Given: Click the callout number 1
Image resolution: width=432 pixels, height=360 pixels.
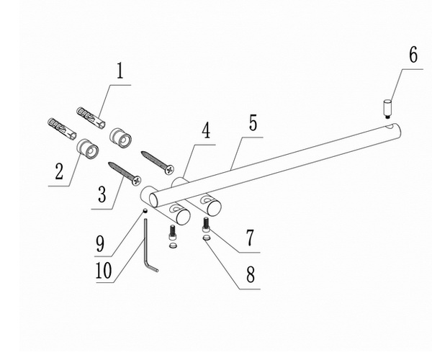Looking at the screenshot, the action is (120, 71).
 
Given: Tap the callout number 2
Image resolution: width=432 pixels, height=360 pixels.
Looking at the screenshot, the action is (59, 171).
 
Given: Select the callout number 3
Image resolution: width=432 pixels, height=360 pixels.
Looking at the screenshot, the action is (102, 194).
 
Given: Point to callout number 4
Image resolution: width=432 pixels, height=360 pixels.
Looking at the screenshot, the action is (206, 130).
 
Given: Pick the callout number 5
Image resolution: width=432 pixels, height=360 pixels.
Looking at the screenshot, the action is (253, 123).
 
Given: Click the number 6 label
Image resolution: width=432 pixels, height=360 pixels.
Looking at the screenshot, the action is (413, 55).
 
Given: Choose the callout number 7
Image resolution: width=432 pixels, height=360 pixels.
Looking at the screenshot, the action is (250, 238).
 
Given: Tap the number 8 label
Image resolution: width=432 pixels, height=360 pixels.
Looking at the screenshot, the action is (251, 274).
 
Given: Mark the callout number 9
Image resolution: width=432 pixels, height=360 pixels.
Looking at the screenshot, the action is (100, 243).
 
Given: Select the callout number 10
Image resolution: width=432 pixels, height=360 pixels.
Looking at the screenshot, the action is (104, 270).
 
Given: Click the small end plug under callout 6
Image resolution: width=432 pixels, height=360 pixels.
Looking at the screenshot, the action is (387, 109).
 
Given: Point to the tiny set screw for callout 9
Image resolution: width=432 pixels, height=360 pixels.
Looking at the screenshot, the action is (145, 211).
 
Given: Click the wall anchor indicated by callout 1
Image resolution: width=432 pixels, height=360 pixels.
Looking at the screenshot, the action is (91, 117).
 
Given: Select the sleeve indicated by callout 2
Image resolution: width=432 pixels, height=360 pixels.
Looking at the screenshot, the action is (88, 150).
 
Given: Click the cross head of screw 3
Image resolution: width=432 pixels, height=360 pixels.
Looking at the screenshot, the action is (136, 181).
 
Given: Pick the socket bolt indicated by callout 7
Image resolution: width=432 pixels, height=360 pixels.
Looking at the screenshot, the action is (205, 225).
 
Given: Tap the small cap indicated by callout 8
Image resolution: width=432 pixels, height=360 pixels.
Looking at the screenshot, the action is (207, 238).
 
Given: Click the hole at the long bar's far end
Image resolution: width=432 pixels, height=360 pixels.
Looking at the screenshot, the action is (390, 127).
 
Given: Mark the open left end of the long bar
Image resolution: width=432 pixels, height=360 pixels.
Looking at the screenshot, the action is (155, 200).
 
